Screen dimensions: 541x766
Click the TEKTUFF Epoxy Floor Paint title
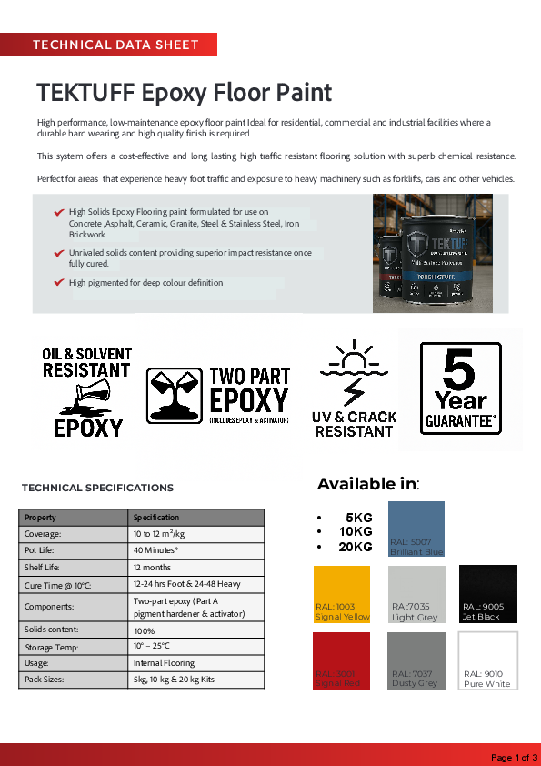point(184,93)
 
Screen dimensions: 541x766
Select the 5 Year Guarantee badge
point(461,388)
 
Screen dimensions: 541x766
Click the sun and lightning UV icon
point(355,372)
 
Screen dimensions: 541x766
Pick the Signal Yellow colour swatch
point(342,594)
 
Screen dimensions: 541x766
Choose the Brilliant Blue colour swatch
point(416,529)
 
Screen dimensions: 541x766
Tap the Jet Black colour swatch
point(488,594)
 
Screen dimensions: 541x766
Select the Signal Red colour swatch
point(342,661)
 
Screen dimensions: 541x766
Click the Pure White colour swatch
point(488,661)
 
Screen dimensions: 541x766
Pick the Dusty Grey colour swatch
point(416,661)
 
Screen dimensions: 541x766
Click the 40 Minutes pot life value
point(155,550)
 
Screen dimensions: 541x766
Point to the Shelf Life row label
point(44,567)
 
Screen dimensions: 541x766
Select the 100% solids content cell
point(145,630)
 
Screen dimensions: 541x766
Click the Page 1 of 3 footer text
point(514,757)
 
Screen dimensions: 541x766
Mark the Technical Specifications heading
point(97,488)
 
